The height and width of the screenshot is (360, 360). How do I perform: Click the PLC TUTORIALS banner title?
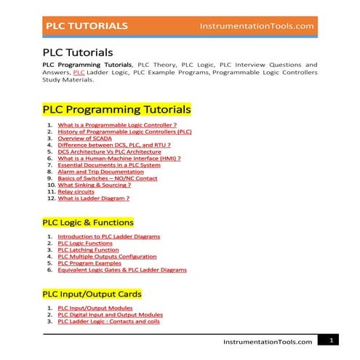(87, 25)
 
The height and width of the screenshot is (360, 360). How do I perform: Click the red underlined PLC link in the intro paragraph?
(79, 73)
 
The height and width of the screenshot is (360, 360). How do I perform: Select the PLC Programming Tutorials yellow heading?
(116, 110)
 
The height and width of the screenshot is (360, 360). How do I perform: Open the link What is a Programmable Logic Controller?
(117, 125)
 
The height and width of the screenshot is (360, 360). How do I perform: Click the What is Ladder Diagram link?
(94, 198)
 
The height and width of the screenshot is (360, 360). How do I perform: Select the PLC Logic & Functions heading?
(88, 222)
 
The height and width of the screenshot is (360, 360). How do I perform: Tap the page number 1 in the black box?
(330, 340)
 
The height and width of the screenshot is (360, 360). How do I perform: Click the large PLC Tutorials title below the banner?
(78, 52)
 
